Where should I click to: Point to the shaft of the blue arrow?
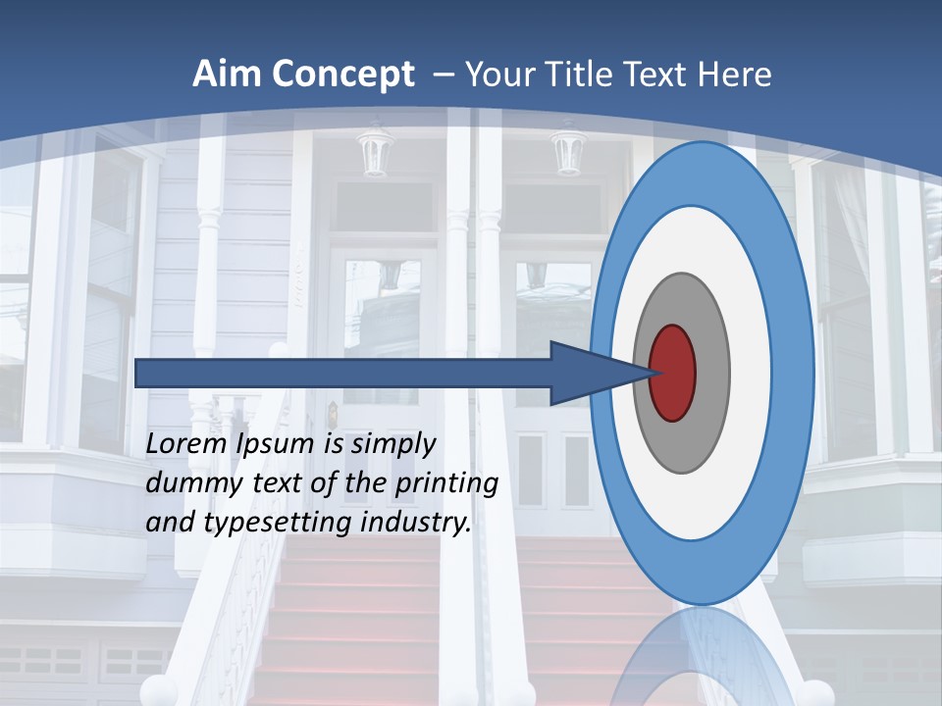pos(343,374)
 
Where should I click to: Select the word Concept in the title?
pos(344,75)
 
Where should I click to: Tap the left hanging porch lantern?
pos(375,152)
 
